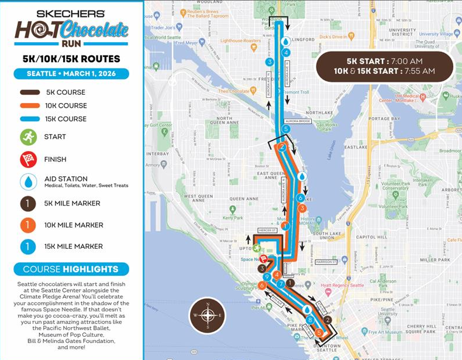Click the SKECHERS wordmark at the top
(x=71, y=13)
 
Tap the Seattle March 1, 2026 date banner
(x=71, y=74)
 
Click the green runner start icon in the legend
(x=28, y=137)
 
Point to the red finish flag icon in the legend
(x=28, y=158)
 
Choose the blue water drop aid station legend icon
(x=28, y=181)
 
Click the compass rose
(x=208, y=316)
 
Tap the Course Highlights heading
(x=71, y=269)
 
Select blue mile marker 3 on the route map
(x=269, y=61)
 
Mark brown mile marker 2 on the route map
(x=328, y=320)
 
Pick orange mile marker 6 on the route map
(x=263, y=286)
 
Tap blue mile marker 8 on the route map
(x=310, y=320)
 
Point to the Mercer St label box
(x=266, y=231)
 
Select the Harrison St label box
(x=326, y=262)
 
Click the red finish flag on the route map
(x=264, y=259)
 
